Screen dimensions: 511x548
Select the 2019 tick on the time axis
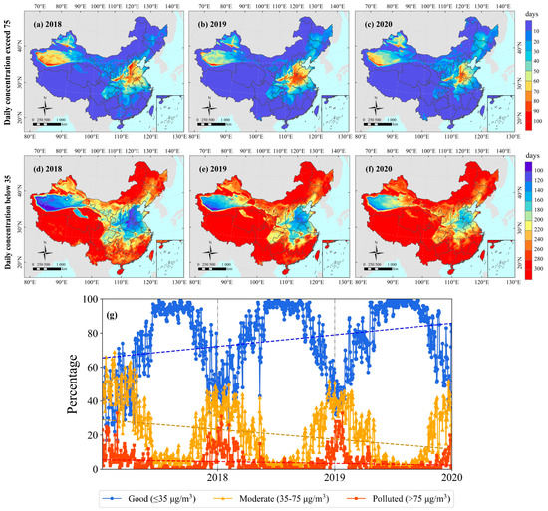point(335,479)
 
